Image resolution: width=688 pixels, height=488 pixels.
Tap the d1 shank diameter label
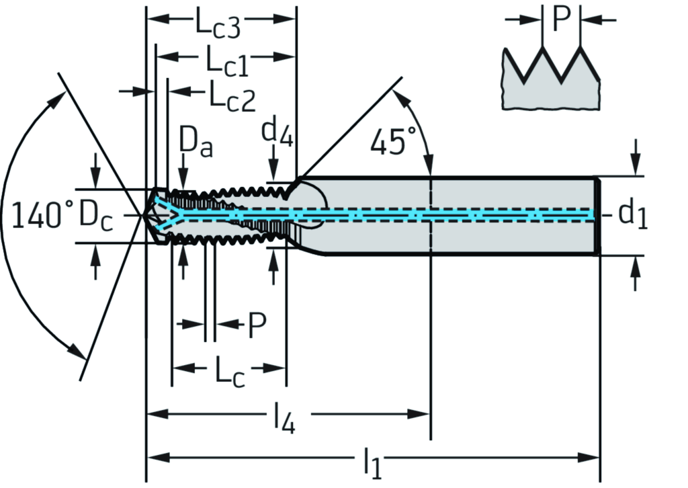[x=632, y=214]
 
